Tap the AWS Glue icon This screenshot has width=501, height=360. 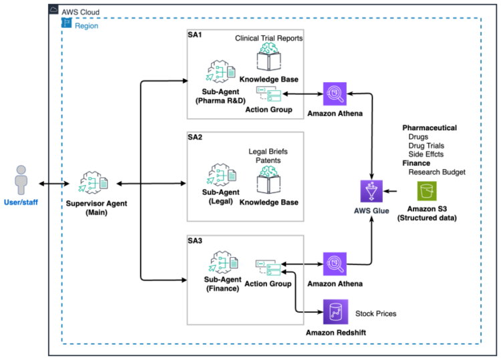(371, 192)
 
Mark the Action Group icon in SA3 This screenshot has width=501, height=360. (268, 268)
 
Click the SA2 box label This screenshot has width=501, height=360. (195, 137)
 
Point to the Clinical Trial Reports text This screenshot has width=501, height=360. (269, 38)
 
